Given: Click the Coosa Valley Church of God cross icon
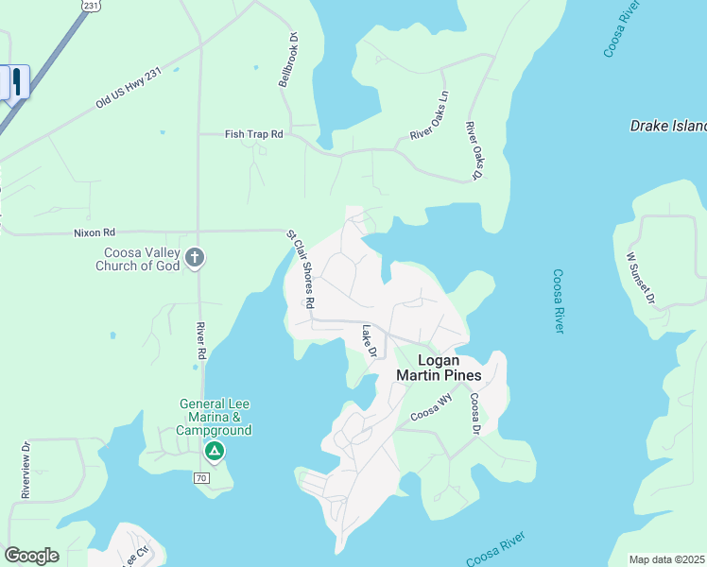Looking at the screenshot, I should [195, 257].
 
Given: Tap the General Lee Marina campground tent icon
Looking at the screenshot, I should [215, 452].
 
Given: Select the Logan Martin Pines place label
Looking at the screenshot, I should [438, 368].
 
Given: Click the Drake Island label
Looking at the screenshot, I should [668, 126].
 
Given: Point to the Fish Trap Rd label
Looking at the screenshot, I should [254, 134].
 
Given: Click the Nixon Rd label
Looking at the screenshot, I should [95, 232].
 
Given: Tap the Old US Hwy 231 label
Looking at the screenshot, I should [128, 88].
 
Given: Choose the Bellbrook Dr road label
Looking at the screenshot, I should [287, 60].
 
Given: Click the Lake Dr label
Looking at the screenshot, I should [370, 341].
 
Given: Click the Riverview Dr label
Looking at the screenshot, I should [26, 470].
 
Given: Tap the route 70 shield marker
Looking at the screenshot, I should [201, 478].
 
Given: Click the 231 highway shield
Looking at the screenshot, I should [90, 5].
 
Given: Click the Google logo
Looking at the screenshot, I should [31, 556].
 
